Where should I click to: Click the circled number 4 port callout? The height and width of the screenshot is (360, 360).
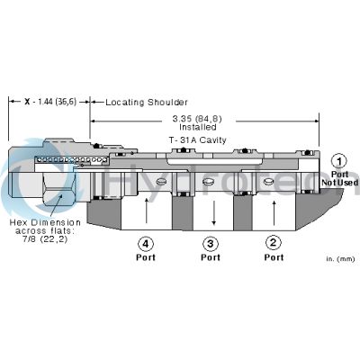tap(146, 244)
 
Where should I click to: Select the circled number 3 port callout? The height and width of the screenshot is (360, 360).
tap(211, 244)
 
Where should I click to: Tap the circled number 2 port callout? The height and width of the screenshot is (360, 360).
tap(274, 242)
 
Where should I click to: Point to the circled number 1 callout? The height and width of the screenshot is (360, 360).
tap(339, 162)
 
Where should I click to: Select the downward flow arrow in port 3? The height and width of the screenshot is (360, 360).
tap(214, 212)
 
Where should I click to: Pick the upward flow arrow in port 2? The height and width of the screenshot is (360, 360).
tap(274, 213)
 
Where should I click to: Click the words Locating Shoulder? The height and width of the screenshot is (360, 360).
tap(147, 103)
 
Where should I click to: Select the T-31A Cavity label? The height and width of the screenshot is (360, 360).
tap(197, 140)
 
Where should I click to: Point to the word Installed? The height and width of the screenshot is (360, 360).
tap(198, 127)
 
